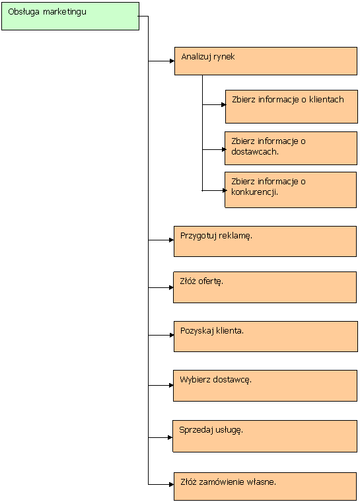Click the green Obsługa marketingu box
(70, 17)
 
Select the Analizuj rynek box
(266, 61)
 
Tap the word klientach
(326, 100)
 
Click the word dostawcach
(254, 152)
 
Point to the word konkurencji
(254, 192)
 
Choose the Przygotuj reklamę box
(265, 241)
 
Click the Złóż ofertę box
(265, 287)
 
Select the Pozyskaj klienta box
(266, 336)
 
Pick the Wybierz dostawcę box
(265, 386)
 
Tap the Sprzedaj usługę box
(265, 437)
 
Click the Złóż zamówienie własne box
(265, 486)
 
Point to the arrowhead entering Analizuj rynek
(172, 61)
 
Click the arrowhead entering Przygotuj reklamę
(171, 240)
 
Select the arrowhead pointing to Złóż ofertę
(171, 287)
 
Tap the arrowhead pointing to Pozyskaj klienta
(172, 335)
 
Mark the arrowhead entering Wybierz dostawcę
(171, 386)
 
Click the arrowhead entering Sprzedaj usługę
(170, 437)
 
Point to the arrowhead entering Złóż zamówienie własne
(171, 484)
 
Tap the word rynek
(224, 57)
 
